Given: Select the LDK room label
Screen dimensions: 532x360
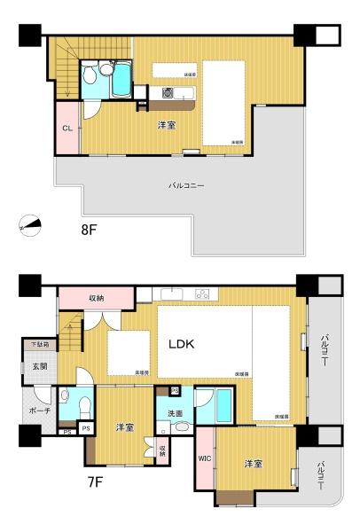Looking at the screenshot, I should pyautogui.click(x=183, y=343).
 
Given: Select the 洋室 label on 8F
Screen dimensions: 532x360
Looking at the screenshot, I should pyautogui.click(x=166, y=125).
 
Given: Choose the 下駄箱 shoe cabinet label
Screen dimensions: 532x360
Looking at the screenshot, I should pyautogui.click(x=41, y=343).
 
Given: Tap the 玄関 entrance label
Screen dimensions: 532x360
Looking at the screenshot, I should pyautogui.click(x=40, y=367).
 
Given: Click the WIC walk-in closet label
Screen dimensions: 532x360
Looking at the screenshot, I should pyautogui.click(x=203, y=458).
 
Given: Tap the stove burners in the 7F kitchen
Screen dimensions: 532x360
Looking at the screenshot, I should pyautogui.click(x=201, y=294).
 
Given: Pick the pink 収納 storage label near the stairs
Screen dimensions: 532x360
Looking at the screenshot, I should pyautogui.click(x=96, y=298).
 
